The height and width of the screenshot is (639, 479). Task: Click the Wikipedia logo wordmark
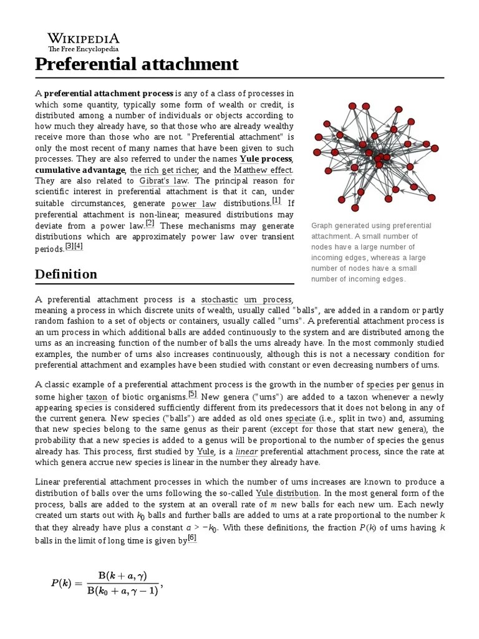[x=84, y=38]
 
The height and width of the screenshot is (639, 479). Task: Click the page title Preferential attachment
[x=137, y=64]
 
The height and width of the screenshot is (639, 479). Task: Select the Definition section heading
[x=66, y=274]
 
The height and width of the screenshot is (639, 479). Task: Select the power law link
[x=193, y=204]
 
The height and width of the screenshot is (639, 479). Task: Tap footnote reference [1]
[x=276, y=200]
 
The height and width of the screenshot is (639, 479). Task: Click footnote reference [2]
[x=150, y=223]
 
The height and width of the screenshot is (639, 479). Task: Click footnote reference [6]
[x=192, y=539]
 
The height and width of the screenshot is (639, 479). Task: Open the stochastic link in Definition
[x=220, y=300]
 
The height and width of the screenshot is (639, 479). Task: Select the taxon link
[x=97, y=396]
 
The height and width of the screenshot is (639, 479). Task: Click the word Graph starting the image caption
[x=322, y=226]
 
